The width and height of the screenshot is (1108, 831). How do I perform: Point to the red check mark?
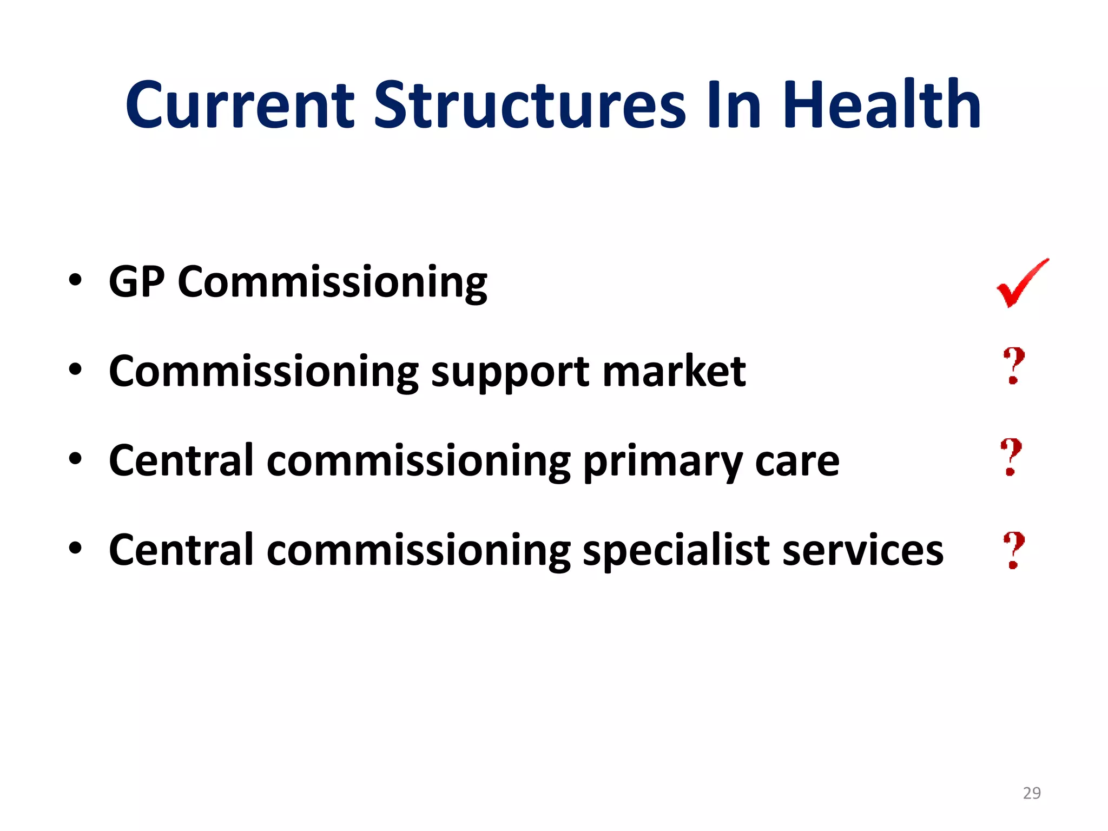click(x=1021, y=284)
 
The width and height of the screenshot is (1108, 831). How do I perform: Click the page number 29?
click(x=1032, y=793)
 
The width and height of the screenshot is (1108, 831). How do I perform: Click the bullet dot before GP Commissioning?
click(x=75, y=280)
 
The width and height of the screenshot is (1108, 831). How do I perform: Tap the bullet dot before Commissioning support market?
click(x=75, y=370)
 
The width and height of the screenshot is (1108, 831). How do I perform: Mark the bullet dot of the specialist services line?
click(x=75, y=549)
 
